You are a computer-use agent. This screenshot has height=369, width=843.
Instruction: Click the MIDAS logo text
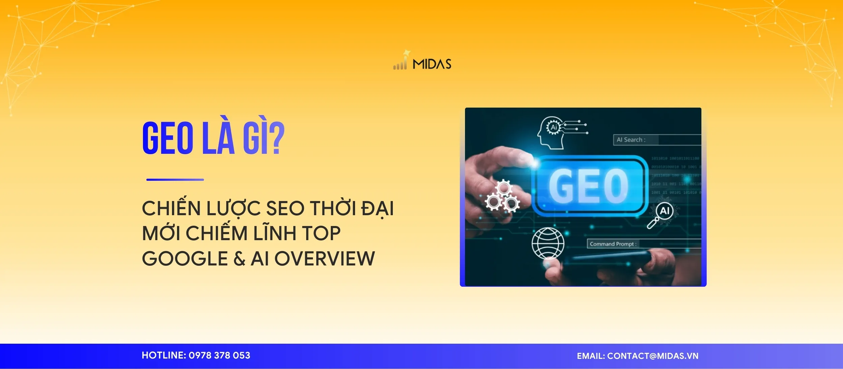pos(432,64)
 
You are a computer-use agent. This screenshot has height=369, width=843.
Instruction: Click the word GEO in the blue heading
pos(168,139)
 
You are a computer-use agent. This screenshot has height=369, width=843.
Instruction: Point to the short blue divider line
pos(175,180)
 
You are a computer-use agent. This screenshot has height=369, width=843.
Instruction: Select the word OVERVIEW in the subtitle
pos(324,259)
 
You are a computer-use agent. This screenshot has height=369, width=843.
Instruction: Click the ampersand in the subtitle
pos(239,259)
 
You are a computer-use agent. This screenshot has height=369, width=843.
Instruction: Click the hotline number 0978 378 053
pos(219,356)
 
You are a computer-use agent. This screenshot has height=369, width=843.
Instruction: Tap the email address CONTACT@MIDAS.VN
pos(652,356)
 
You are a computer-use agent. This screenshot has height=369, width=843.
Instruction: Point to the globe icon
pos(548,243)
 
